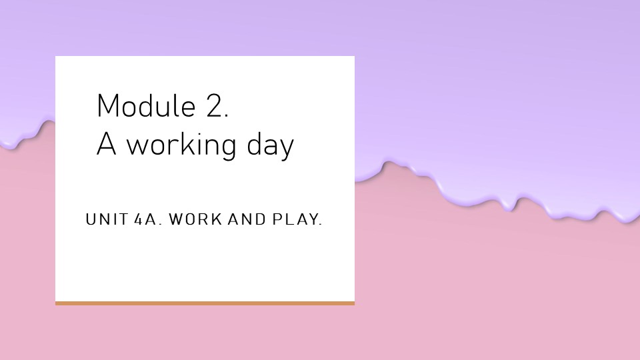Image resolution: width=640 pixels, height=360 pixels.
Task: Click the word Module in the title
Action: (146, 106)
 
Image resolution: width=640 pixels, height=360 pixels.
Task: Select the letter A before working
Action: (106, 144)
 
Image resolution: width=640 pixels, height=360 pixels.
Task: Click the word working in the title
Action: (181, 146)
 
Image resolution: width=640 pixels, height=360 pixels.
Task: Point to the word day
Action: (270, 146)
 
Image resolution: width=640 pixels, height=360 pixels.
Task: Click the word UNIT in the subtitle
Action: (107, 219)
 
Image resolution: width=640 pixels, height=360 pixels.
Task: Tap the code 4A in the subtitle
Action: (145, 219)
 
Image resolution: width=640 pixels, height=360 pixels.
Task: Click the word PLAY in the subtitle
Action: (295, 219)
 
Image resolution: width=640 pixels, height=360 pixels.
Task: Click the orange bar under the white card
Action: (205, 303)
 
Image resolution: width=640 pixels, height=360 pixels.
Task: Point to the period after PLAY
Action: (321, 224)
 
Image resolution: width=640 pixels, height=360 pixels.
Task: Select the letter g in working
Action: (228, 149)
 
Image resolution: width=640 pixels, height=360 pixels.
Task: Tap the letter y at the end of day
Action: (287, 149)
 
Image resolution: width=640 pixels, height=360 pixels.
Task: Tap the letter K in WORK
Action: (217, 219)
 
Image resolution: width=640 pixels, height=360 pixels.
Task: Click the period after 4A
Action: (160, 224)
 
